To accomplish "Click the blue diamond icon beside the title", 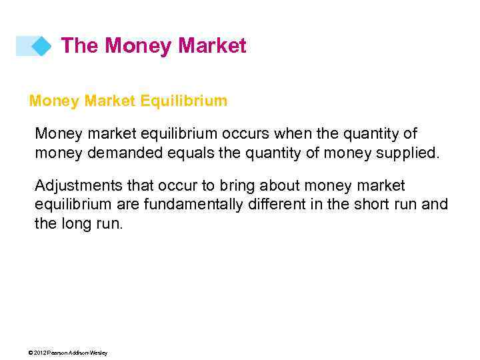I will tap(41, 46).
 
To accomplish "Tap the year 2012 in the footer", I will tap(39, 353).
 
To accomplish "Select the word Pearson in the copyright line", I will tap(58, 353).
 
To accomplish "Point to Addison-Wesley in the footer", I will tap(89, 353).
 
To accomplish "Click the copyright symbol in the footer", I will tap(31, 353).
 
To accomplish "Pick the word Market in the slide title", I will tap(213, 46).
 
